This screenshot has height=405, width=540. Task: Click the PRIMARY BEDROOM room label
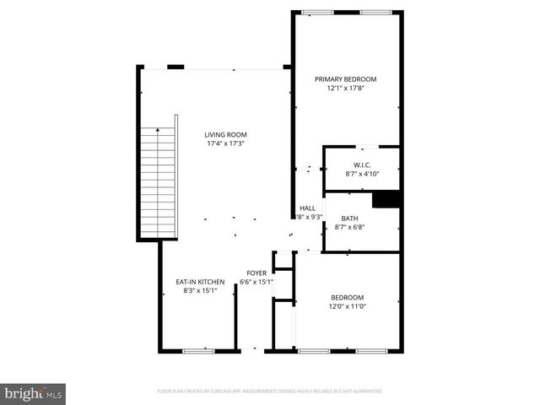345,79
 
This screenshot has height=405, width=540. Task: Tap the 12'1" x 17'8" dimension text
345,89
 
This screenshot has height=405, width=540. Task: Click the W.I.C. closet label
362,165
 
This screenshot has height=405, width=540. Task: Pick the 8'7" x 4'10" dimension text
362,174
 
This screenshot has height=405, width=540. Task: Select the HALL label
307,208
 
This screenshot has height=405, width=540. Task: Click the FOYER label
256,273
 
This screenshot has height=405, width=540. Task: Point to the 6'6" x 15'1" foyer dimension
256,282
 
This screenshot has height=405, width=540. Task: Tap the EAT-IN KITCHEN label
200,282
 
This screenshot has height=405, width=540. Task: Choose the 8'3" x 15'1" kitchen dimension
200,291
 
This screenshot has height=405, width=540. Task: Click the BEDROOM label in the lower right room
347,297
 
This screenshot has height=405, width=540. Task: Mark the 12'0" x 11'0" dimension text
347,306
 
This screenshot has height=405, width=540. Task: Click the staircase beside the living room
159,181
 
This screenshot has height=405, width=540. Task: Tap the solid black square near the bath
386,198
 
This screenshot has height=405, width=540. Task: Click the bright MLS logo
34,393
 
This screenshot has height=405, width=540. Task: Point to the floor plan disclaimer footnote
269,391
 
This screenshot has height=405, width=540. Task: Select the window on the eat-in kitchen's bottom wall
197,349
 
